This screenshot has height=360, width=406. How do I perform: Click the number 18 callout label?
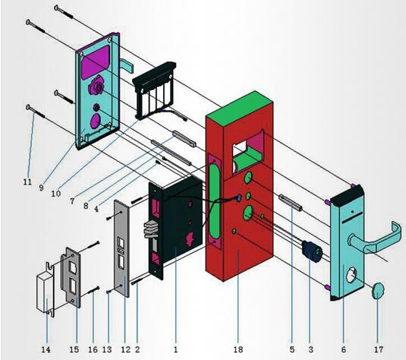point(238,349)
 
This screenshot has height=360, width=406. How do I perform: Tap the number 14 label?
point(46,349)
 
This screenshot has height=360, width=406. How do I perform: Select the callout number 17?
point(378,349)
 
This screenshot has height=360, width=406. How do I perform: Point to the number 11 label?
point(27,182)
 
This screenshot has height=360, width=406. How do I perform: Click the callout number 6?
point(343,349)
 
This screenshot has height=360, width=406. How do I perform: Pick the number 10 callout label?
point(56,194)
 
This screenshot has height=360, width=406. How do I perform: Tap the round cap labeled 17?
point(378,292)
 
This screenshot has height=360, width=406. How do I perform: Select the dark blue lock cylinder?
point(313,251)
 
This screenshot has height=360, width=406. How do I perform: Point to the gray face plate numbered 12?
point(121,248)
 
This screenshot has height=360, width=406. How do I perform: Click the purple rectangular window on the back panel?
point(95,62)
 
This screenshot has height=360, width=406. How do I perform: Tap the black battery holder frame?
point(155,90)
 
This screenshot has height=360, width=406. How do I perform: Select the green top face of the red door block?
point(239,109)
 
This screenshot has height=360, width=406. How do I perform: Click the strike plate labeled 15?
point(71,276)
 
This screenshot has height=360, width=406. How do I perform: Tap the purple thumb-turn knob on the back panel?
point(96,86)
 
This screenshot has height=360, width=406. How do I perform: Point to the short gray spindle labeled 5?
point(290,203)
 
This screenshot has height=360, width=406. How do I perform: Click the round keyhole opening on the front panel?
point(351,276)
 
